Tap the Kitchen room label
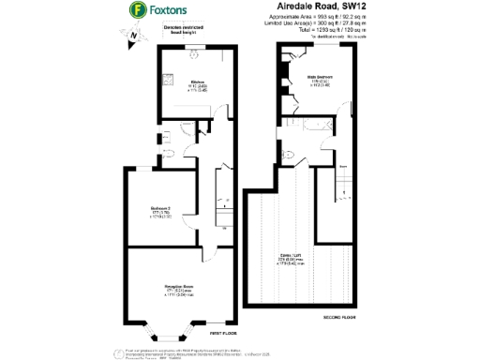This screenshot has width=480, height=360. [x=198, y=82]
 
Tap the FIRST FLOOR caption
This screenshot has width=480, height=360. [x=221, y=334]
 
